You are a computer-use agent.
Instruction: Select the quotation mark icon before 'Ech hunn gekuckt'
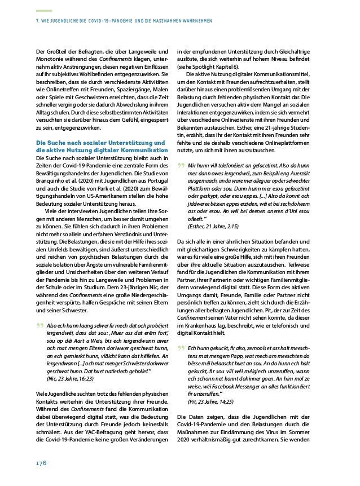pos(181,333)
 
